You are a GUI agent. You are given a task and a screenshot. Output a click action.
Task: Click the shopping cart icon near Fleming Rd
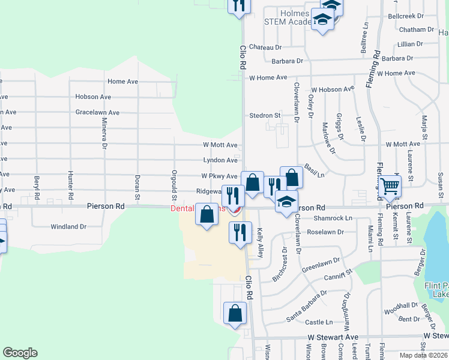pos(390,187)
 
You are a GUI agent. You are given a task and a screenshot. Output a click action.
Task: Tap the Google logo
pos(20,353)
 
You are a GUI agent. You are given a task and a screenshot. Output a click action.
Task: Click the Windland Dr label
pos(68,227)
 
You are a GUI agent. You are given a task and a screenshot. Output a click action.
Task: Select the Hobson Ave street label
pos(93,97)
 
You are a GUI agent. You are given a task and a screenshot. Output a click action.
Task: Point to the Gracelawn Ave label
pos(97,112)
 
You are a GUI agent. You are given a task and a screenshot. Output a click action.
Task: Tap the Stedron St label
pos(265,115)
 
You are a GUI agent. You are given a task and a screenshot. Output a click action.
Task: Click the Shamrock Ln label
pos(334,218)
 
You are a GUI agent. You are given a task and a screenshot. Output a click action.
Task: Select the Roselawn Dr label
pos(325,232)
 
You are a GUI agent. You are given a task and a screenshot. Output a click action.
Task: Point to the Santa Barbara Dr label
pos(306,305)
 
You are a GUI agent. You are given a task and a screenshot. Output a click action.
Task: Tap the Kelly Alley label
pos(261,242)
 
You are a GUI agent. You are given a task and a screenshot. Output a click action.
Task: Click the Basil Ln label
pos(314,170)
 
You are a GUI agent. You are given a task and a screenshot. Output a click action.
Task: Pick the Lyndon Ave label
pos(220,160)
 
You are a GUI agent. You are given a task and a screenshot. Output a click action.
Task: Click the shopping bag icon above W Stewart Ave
pos(235,313)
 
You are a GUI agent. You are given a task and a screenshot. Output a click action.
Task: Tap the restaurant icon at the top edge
pos(240,5)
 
